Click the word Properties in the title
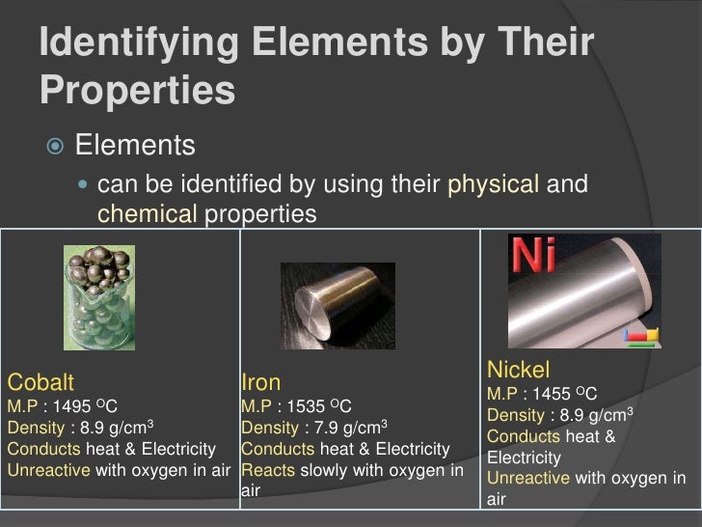[x=139, y=91]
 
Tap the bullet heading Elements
[x=136, y=147]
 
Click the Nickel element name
[x=519, y=370]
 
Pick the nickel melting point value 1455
[x=554, y=395]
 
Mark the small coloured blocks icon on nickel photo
[x=642, y=336]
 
